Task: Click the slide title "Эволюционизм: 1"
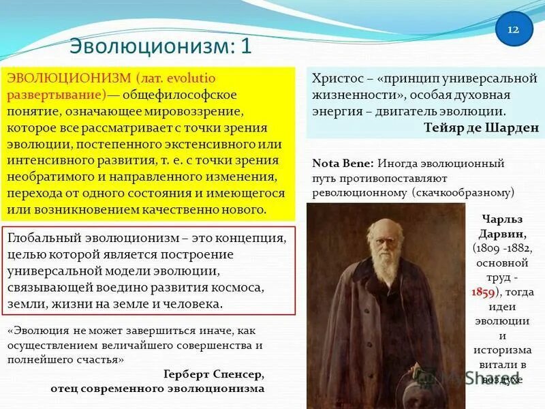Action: pos(161,47)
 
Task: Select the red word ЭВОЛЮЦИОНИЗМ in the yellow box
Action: pos(69,78)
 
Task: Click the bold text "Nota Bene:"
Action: pos(343,164)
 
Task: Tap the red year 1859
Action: pos(483,292)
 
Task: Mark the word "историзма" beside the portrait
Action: pos(502,350)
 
